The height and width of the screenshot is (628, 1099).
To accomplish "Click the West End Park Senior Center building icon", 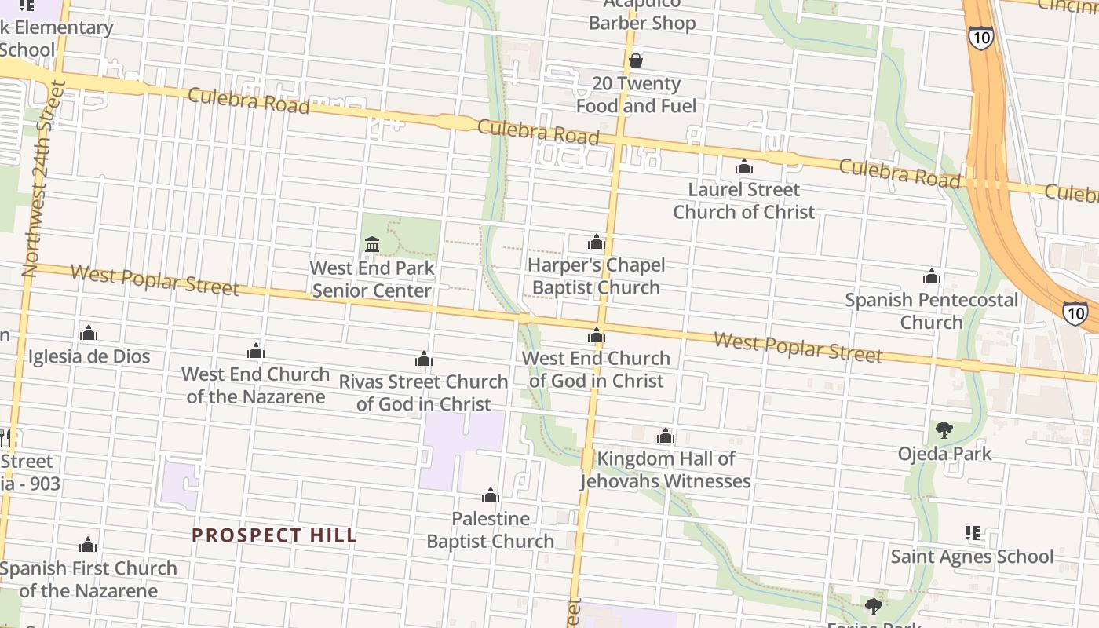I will [x=372, y=245].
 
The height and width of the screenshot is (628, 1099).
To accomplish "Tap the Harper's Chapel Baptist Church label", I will [x=596, y=276].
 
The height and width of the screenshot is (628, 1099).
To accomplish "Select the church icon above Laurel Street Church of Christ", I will [x=743, y=166].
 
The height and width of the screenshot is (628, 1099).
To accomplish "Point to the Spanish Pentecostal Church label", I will [x=931, y=311].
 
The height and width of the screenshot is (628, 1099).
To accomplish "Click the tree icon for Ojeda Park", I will [x=944, y=430].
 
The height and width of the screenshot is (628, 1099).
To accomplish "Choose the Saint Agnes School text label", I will [x=971, y=557].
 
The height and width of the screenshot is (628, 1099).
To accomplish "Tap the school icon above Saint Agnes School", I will [x=973, y=534].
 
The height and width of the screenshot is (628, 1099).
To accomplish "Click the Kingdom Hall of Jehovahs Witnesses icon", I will [x=666, y=436].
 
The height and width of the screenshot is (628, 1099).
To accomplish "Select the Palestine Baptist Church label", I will [x=491, y=530].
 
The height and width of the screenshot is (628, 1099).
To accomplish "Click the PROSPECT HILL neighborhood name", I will [x=274, y=535].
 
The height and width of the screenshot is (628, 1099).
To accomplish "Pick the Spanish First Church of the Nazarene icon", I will [x=88, y=545].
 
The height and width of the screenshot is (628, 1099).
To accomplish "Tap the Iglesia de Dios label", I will [x=89, y=356].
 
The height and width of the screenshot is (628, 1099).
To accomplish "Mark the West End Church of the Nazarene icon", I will [x=256, y=351].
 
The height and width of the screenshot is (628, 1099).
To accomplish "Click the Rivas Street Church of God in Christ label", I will [x=423, y=392].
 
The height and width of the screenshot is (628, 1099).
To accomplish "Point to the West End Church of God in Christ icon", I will [x=597, y=336].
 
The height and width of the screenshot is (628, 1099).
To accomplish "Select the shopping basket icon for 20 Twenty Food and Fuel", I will [x=636, y=60].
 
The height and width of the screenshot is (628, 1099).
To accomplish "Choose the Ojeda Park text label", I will [x=944, y=454].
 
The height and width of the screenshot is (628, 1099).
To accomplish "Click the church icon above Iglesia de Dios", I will [x=89, y=333].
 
